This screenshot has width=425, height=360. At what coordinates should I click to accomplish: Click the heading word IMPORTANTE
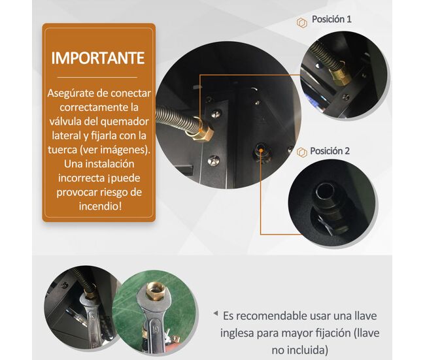(98, 57)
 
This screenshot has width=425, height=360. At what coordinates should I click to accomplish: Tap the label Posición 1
(331, 19)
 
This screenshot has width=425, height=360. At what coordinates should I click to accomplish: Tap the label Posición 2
(330, 151)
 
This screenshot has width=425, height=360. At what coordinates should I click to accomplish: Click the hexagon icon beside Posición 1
(302, 23)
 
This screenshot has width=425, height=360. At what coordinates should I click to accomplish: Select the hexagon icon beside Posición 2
(301, 152)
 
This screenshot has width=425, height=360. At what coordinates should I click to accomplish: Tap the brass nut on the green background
(155, 291)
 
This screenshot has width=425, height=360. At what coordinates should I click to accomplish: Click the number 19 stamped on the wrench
(156, 330)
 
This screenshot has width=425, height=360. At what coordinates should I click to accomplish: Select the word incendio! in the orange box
(100, 206)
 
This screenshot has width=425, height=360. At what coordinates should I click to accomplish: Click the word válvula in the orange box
(65, 121)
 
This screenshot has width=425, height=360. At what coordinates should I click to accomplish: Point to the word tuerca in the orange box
(62, 150)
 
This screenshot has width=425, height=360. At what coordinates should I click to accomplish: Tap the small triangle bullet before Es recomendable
(216, 314)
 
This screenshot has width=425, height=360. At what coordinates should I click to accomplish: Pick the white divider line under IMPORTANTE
(97, 78)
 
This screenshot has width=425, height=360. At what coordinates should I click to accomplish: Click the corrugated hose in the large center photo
(177, 119)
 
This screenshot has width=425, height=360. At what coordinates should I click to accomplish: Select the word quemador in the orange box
(124, 122)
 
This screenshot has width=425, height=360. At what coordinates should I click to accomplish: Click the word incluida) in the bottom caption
(299, 350)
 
